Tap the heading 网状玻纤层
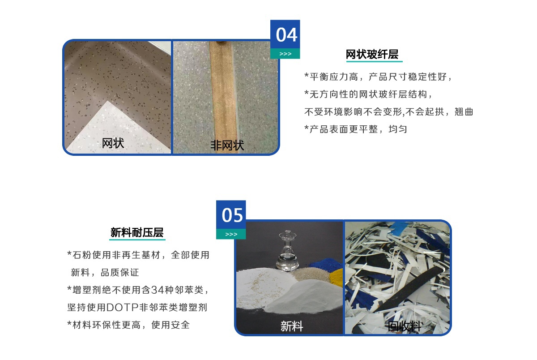tap(372, 54)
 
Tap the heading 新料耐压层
tap(137, 232)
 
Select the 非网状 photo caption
tap(227, 145)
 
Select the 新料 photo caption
tap(292, 326)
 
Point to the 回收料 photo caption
tap(404, 326)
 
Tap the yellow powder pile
tap(337, 278)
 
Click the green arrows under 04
tap(286, 54)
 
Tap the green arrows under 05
tap(231, 234)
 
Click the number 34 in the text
tap(157, 290)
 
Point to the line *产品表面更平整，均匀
tap(355, 129)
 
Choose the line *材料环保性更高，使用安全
tap(128, 325)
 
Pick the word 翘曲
tap(464, 112)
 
